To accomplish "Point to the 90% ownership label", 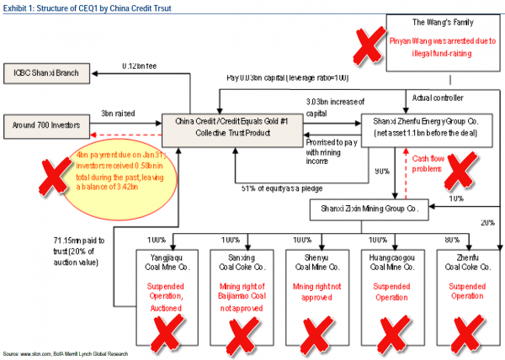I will tap(380, 171).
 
